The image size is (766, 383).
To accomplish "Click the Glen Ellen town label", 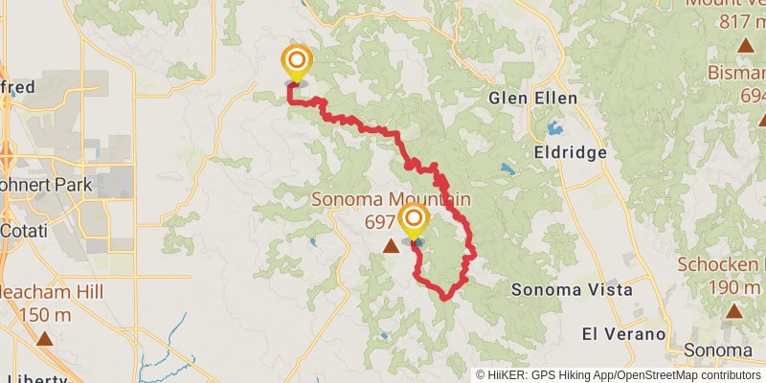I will click(x=532, y=98).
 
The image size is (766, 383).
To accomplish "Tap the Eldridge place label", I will click(x=566, y=151).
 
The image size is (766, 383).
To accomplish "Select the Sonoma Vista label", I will click(x=572, y=289).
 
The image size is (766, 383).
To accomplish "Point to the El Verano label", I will click(x=623, y=333).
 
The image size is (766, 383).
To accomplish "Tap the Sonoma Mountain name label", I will click(x=390, y=200).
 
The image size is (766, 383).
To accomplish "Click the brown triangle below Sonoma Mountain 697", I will click(x=391, y=247).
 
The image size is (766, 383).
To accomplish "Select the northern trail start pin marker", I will click(x=296, y=62).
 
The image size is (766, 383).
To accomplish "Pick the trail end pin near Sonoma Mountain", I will click(x=414, y=219).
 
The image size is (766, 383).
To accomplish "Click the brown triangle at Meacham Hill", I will click(x=45, y=337).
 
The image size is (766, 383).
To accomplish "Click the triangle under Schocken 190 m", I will click(x=733, y=310).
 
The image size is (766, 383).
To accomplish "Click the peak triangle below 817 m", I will click(x=745, y=45).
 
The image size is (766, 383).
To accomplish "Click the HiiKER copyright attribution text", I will click(x=617, y=375).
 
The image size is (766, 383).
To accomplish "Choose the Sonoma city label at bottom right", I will click(x=724, y=350).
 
